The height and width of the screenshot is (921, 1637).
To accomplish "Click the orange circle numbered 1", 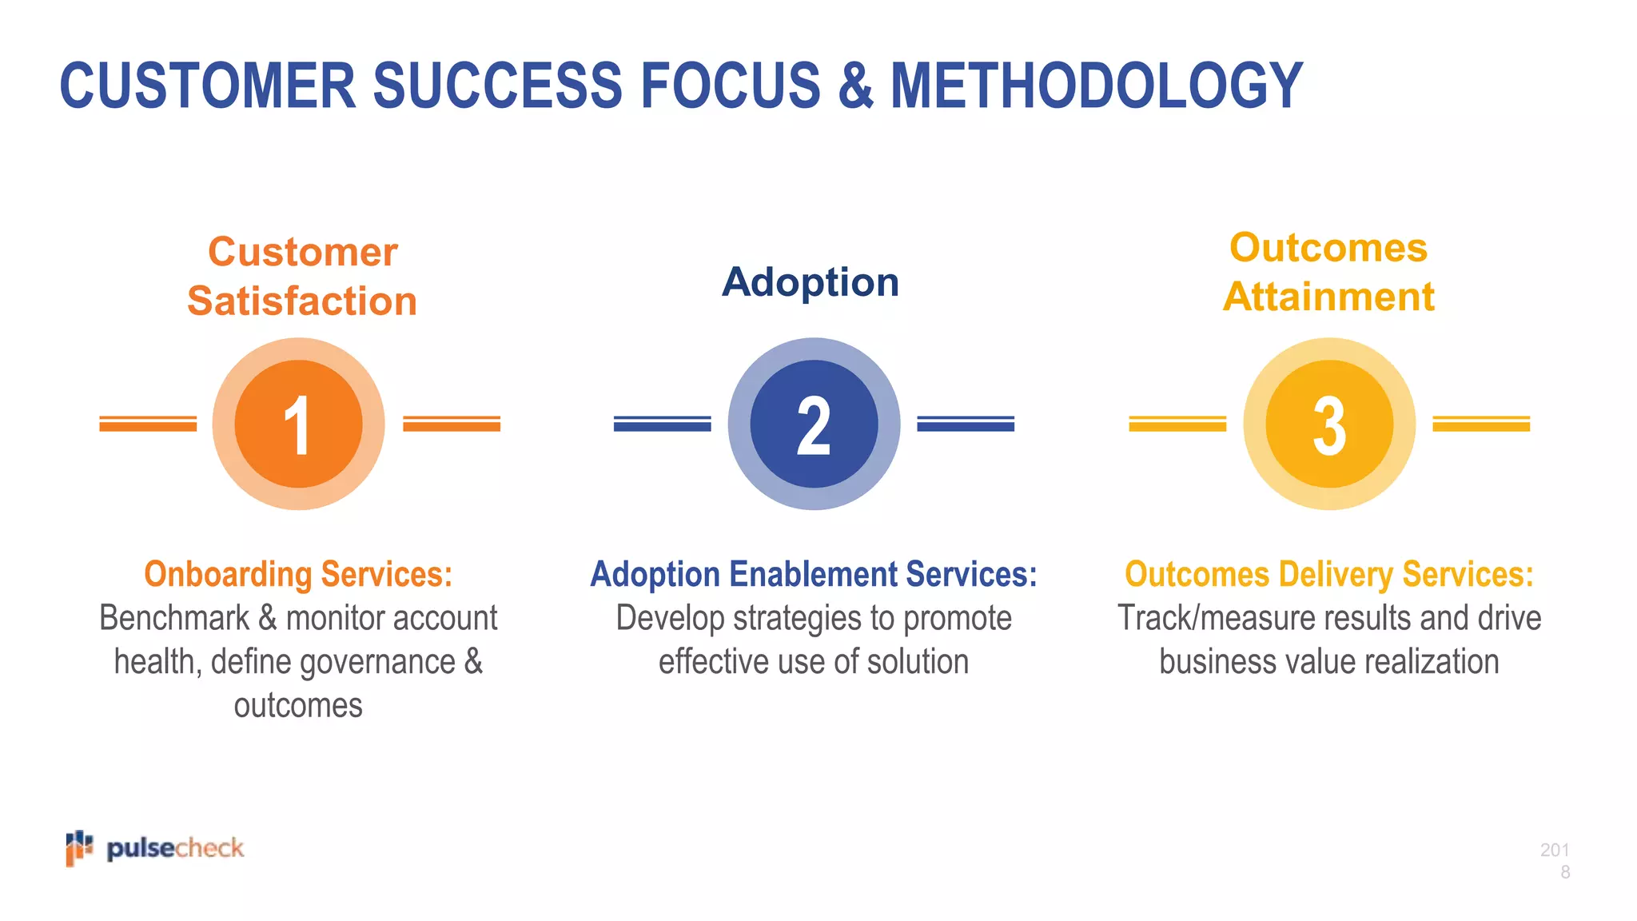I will click(298, 424).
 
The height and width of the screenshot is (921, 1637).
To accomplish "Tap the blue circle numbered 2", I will click(814, 424).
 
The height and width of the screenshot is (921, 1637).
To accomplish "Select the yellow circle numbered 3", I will click(1329, 424).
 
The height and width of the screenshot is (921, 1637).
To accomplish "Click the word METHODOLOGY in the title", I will click(1096, 86).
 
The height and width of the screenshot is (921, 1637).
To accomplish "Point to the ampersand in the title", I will click(855, 86).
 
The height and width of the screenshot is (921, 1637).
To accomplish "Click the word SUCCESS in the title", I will click(497, 86).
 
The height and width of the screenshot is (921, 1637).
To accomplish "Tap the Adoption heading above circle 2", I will click(811, 282).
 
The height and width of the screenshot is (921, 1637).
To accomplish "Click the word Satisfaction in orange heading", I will click(302, 301).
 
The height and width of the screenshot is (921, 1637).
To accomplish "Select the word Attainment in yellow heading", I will click(1328, 297).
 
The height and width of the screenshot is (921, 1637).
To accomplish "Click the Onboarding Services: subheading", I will click(298, 574).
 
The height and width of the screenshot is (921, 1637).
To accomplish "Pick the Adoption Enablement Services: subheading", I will click(814, 574).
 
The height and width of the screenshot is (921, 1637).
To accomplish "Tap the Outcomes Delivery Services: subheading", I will click(1329, 574).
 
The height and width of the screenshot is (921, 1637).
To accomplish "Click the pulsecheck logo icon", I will click(79, 847).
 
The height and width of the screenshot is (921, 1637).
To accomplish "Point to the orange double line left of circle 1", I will click(148, 424).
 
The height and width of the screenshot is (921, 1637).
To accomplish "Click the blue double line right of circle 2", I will click(966, 424).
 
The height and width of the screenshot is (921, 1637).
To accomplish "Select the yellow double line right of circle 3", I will click(1481, 424).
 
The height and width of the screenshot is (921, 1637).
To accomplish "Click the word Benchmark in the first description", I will click(174, 618).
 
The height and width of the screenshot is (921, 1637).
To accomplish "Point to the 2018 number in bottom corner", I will click(1555, 860).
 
